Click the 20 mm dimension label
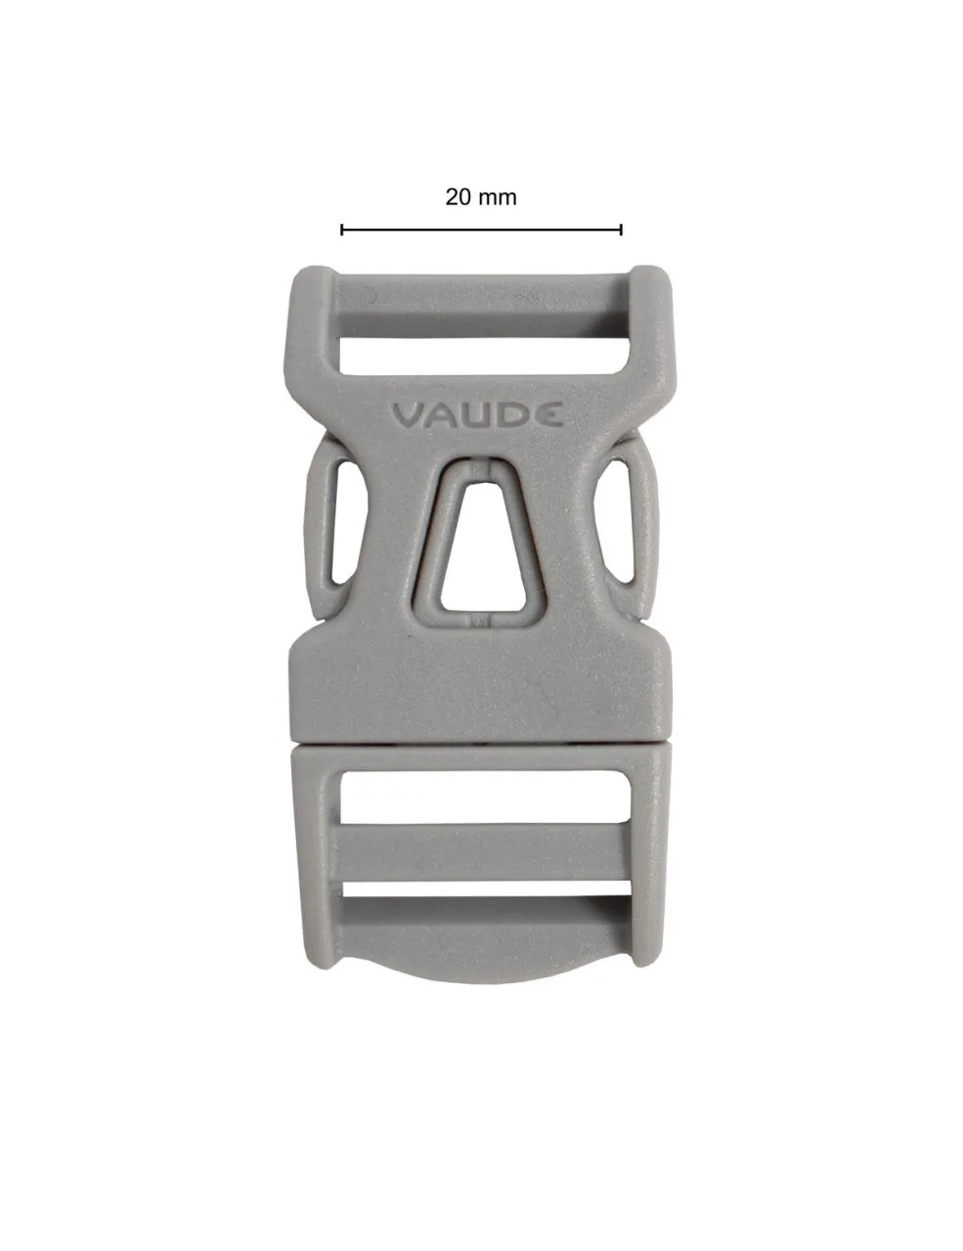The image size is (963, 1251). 481,196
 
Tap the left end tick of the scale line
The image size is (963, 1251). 341,230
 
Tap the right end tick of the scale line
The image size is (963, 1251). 622,230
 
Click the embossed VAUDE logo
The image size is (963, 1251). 477,414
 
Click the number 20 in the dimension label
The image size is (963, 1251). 458,196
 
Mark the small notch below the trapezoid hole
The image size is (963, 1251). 478,620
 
